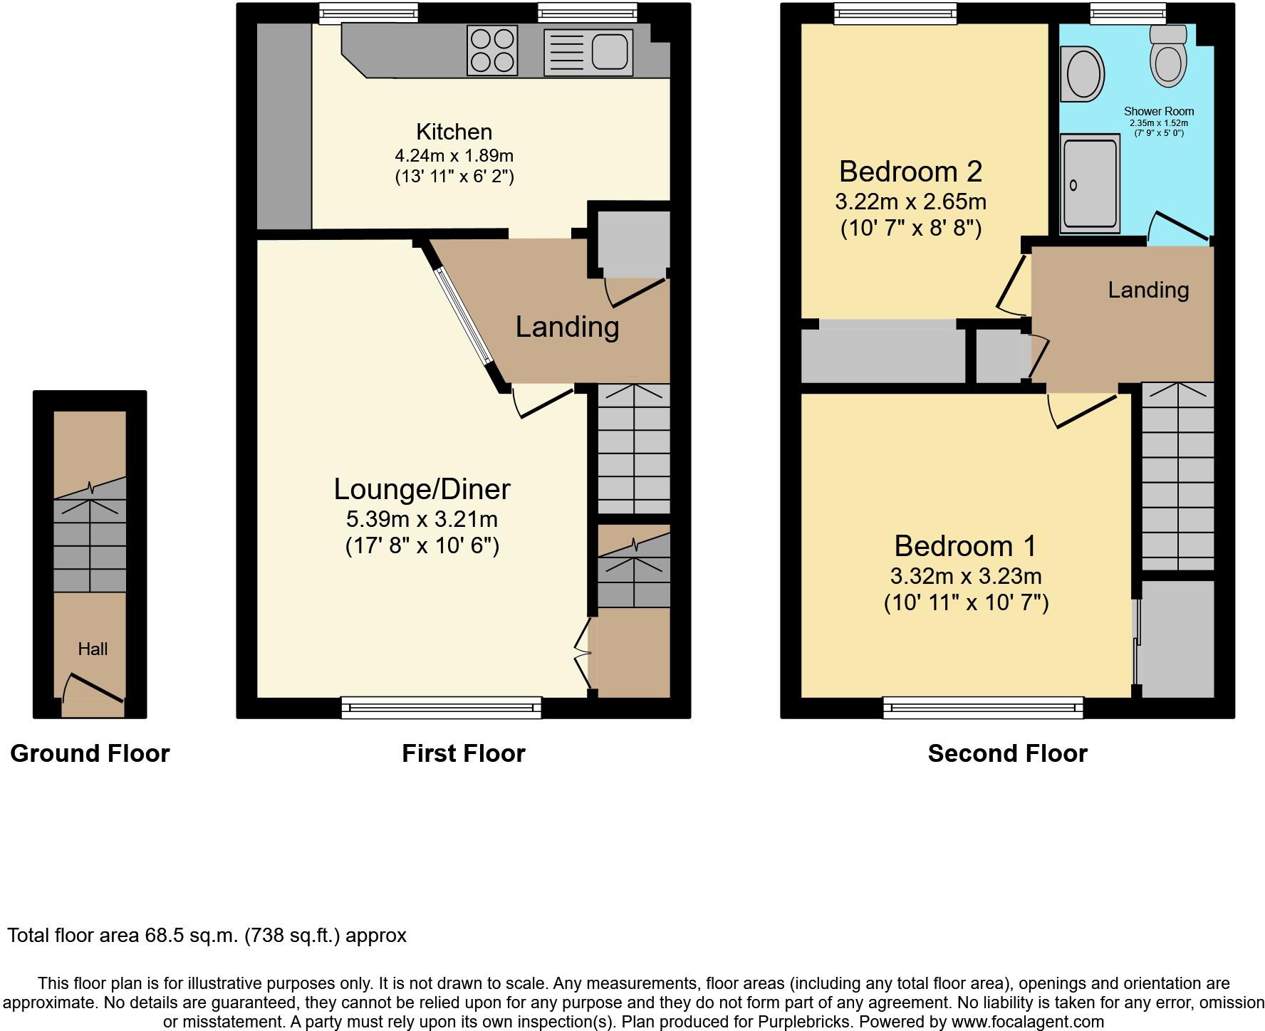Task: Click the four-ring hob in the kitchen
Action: (492, 50)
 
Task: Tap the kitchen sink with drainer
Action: (588, 53)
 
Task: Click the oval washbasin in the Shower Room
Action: (1082, 73)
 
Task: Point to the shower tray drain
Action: (1073, 185)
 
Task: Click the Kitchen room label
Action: (454, 132)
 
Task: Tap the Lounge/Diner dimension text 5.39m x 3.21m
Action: (422, 519)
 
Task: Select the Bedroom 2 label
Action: (910, 172)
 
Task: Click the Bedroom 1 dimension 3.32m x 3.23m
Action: (966, 576)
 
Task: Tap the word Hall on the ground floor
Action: (93, 649)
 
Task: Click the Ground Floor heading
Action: (90, 753)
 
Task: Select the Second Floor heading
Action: (1007, 753)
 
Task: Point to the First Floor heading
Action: (463, 753)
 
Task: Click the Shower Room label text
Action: (1159, 111)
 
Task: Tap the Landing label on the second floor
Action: (1148, 290)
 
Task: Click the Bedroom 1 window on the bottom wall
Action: (983, 707)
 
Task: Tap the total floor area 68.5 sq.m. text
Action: (207, 935)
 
